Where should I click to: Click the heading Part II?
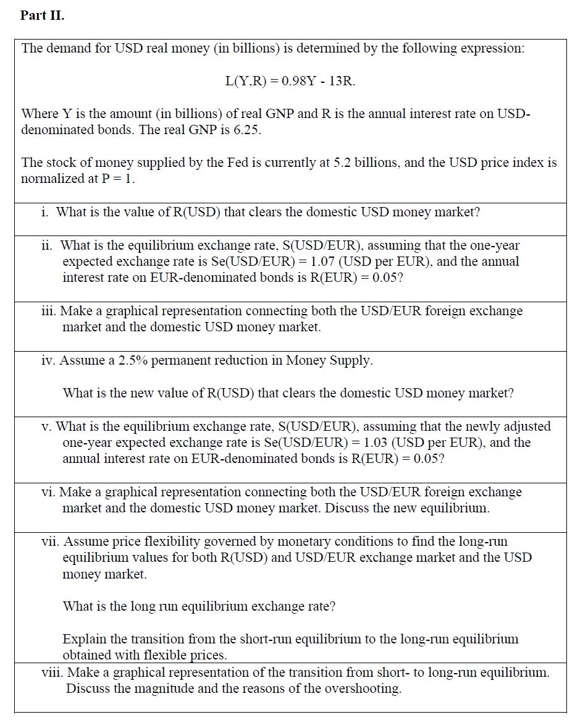42,15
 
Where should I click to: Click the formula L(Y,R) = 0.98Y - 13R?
290,81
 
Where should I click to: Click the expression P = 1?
119,179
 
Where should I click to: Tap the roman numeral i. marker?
45,212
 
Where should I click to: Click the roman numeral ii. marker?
47,245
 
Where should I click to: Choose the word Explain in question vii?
85,639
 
